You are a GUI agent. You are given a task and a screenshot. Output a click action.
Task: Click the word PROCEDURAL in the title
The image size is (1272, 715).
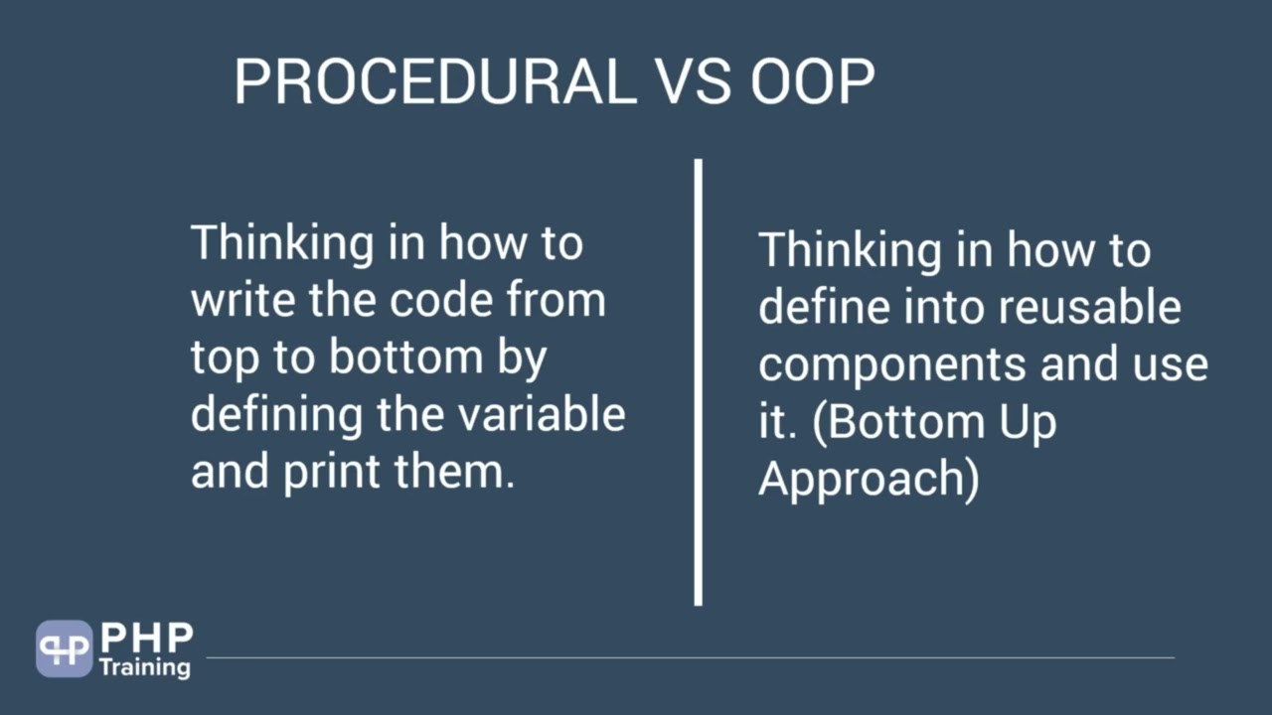tap(434, 82)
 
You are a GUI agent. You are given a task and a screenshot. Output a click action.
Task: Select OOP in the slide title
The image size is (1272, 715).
tap(812, 82)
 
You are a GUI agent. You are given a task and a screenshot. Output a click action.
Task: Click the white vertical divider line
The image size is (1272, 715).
tap(698, 382)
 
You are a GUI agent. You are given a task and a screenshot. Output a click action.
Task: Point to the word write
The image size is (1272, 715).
tap(241, 300)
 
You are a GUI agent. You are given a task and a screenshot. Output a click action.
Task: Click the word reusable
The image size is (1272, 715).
tap(1090, 307)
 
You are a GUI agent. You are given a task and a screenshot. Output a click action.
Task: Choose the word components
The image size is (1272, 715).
tap(892, 365)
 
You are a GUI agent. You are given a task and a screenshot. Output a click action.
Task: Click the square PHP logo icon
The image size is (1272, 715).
tap(65, 649)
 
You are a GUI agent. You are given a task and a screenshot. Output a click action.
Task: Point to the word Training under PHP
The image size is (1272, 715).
tap(144, 666)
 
